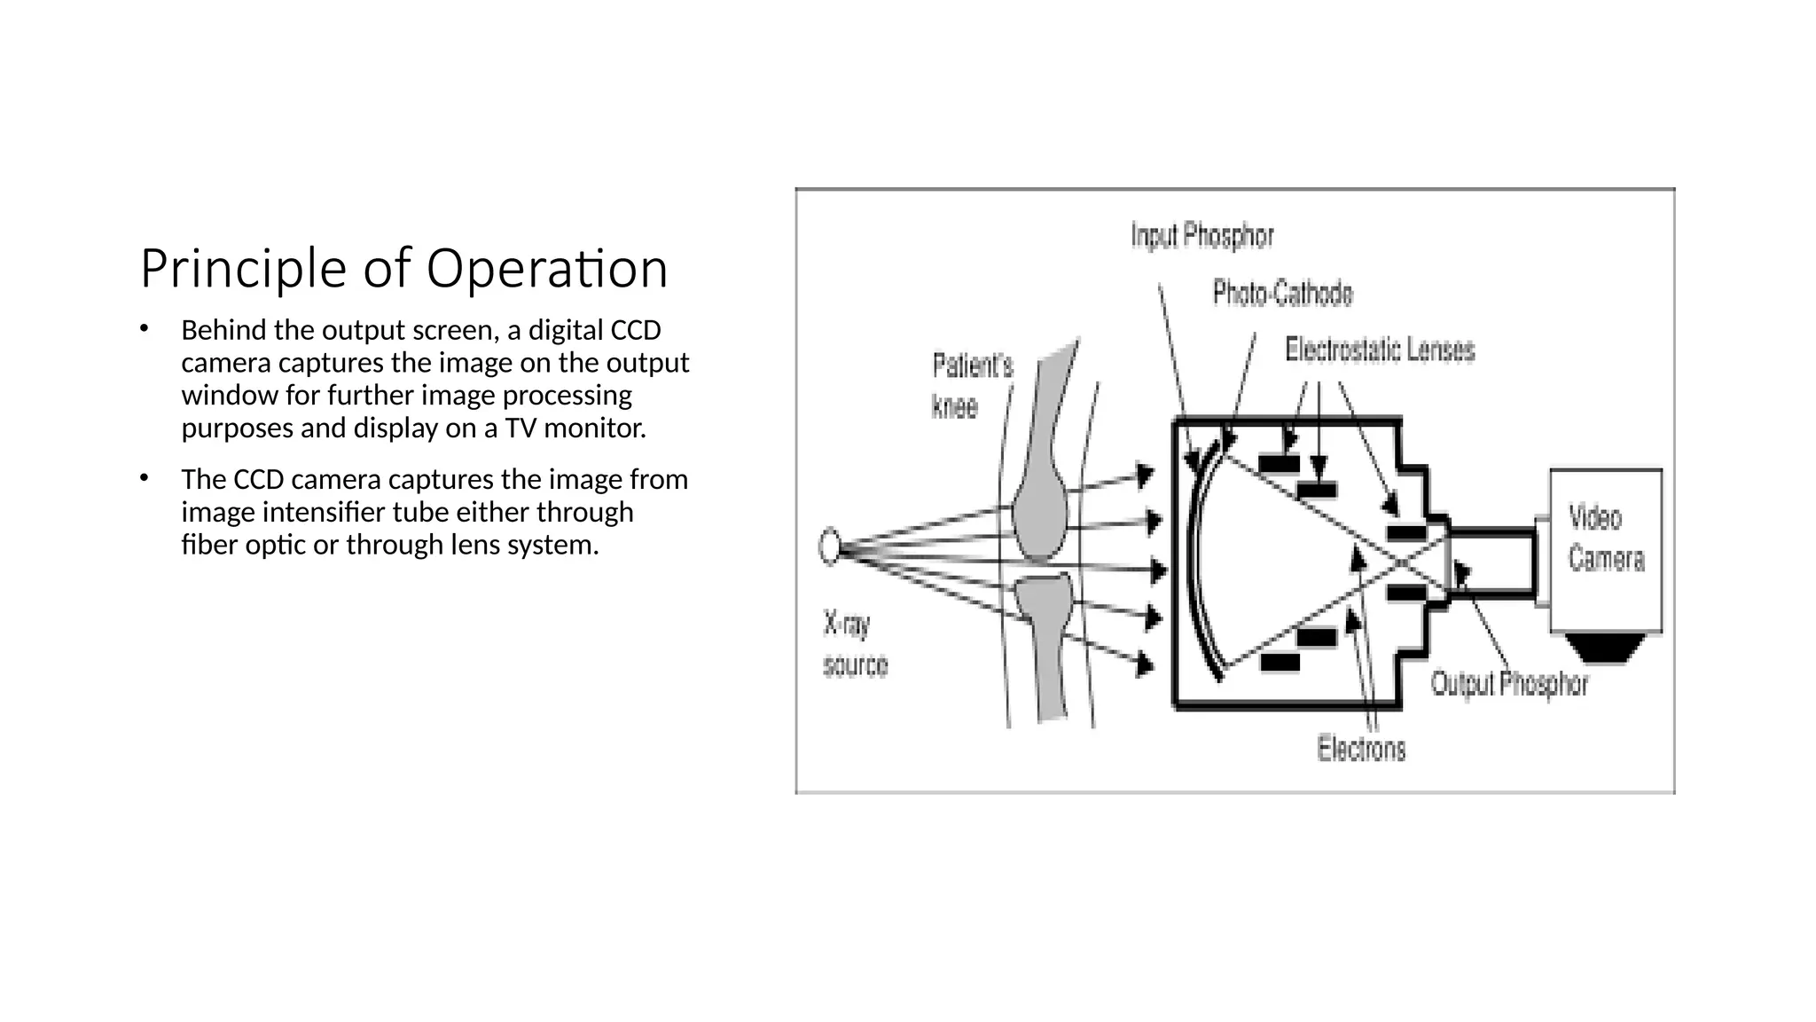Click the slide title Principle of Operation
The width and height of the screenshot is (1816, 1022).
tap(403, 268)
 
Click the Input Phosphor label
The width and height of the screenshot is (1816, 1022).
tap(1202, 236)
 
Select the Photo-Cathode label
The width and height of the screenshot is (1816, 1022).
tap(1282, 293)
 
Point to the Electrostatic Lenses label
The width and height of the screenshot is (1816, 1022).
tap(1380, 350)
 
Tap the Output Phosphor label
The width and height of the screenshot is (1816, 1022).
tap(1509, 684)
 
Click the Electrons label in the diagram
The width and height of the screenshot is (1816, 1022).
tap(1361, 749)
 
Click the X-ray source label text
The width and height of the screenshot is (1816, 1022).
tap(855, 645)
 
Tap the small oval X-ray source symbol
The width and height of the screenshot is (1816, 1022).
tap(829, 546)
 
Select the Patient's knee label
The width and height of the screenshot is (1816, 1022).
tap(972, 386)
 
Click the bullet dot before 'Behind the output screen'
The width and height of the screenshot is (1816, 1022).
tap(144, 329)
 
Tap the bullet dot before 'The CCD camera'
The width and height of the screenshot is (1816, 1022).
tap(144, 478)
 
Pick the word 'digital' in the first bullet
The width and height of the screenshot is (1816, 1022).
tap(558, 330)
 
